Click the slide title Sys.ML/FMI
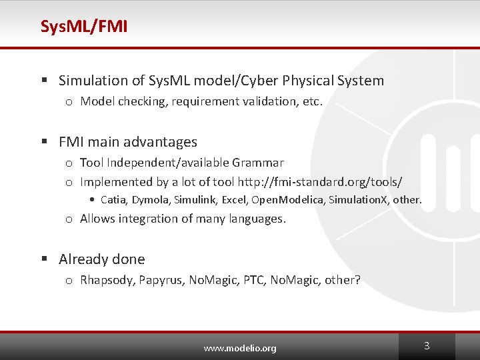click(x=84, y=27)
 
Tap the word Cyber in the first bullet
click(x=259, y=81)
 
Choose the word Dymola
click(x=150, y=199)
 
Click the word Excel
click(x=233, y=199)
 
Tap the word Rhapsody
click(x=107, y=280)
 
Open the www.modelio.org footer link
click(x=240, y=348)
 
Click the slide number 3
click(x=427, y=346)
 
